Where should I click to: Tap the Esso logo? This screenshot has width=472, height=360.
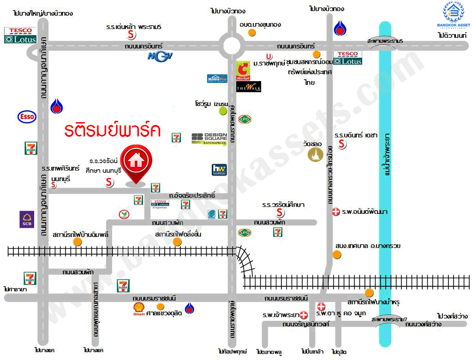point(27,117)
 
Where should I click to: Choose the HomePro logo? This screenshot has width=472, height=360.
point(217,78)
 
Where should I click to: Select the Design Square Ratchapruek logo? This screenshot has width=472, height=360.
point(209,138)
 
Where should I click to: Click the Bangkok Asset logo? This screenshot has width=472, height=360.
point(453,16)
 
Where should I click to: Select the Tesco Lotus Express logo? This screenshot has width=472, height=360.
point(160,203)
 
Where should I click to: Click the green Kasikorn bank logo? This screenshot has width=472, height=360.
point(123,214)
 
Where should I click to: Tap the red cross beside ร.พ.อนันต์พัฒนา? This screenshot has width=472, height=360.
point(336,212)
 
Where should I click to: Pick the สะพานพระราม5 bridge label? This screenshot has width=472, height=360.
point(385,41)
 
